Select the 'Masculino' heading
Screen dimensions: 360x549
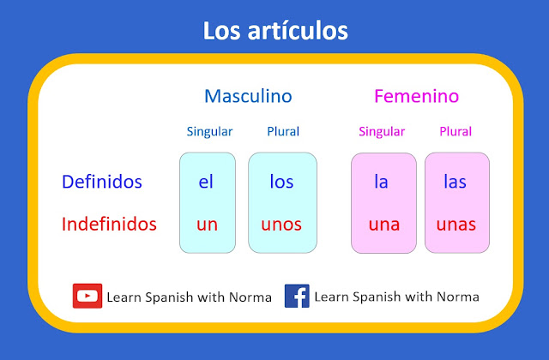pyautogui.click(x=248, y=96)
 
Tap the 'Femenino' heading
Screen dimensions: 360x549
pyautogui.click(x=416, y=96)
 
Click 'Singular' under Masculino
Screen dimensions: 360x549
pyautogui.click(x=209, y=132)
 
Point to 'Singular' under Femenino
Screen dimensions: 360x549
pyautogui.click(x=382, y=132)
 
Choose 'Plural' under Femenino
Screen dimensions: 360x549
pyautogui.click(x=455, y=132)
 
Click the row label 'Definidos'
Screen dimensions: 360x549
pyautogui.click(x=102, y=182)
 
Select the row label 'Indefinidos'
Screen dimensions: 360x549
pyautogui.click(x=109, y=225)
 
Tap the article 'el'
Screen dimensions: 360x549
pyautogui.click(x=207, y=182)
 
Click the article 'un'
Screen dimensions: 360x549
pyautogui.click(x=207, y=225)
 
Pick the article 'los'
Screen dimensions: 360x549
pyautogui.click(x=281, y=182)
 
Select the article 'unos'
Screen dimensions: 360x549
pyautogui.click(x=281, y=225)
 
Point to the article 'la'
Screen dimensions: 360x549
pyautogui.click(x=382, y=182)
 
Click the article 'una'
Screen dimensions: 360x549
pyautogui.click(x=383, y=225)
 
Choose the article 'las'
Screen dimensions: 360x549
pyautogui.click(x=455, y=182)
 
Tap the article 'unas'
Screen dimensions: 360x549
pyautogui.click(x=456, y=225)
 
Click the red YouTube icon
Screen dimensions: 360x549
pyautogui.click(x=87, y=296)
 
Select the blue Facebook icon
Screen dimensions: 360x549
pyautogui.click(x=297, y=296)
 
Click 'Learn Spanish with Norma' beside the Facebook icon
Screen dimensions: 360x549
pyautogui.click(x=396, y=297)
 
